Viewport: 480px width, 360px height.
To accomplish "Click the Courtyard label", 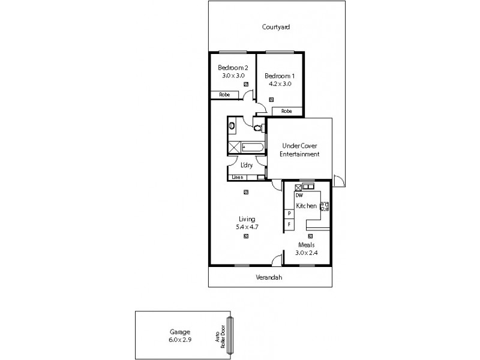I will [x=276, y=27].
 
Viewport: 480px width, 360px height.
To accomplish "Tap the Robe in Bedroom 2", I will [x=224, y=95].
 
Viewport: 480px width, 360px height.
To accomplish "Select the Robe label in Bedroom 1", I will [x=287, y=111].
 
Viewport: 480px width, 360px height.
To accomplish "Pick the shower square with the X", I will [x=234, y=146].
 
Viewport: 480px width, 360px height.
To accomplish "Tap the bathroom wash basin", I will [x=232, y=126].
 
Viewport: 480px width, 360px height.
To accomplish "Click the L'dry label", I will [x=246, y=165].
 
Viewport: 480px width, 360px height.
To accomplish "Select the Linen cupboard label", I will [x=238, y=177].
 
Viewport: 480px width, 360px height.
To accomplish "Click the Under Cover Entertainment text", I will [x=299, y=150].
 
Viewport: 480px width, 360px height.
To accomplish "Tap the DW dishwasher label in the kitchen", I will [x=298, y=196].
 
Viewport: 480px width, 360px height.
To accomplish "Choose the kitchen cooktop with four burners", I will [x=325, y=207].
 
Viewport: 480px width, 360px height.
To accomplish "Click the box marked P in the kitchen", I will [x=289, y=214].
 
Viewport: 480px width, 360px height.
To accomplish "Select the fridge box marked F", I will [x=289, y=224].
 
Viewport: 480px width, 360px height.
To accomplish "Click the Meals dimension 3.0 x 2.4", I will [x=306, y=253].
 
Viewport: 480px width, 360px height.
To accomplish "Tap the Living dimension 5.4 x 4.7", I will [x=246, y=227].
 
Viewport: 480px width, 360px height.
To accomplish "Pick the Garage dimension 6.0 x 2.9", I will [x=180, y=340].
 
